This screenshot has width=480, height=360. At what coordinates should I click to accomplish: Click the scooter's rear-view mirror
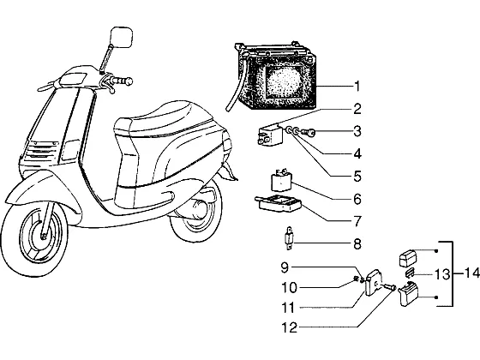point(121,37)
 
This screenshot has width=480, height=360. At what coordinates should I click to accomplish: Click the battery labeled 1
point(275,76)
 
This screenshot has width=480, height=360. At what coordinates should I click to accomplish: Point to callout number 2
point(357,110)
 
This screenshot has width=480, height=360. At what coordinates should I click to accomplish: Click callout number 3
point(357,131)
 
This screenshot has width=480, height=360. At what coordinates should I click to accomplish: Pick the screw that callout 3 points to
point(309,132)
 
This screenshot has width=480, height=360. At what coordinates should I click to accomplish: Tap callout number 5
point(357,177)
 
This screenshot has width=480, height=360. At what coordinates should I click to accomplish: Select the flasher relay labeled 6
point(280,181)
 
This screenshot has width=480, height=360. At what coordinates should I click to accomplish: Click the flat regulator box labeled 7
point(279,204)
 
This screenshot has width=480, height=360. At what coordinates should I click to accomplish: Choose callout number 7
point(357,221)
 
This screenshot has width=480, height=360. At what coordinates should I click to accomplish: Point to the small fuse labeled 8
point(289,238)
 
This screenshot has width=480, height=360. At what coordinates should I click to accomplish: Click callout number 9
point(285,267)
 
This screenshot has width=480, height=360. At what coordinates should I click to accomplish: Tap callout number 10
point(290,288)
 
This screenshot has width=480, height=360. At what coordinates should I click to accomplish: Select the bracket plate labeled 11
point(374,282)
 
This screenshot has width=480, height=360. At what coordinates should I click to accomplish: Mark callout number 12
point(290,327)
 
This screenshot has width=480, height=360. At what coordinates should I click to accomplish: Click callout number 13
point(442,274)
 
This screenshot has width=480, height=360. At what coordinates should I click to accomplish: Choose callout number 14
point(471,273)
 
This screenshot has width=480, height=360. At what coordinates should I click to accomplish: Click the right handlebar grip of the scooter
point(123,81)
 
